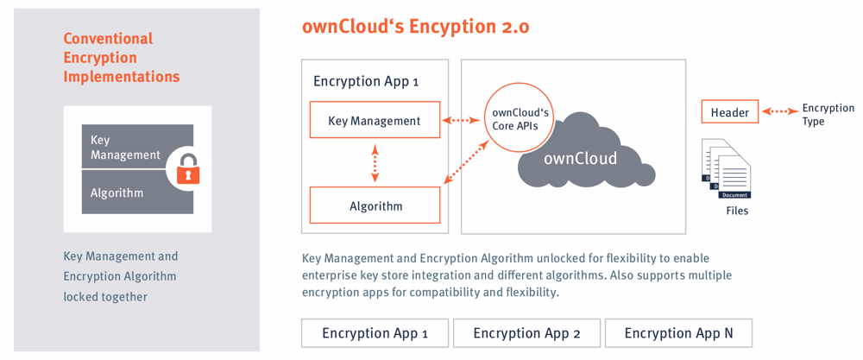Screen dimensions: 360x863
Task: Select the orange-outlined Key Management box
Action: tap(375, 121)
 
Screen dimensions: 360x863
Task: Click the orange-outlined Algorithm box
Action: tap(375, 205)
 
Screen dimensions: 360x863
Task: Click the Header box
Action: tap(730, 112)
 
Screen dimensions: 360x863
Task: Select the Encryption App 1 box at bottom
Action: tap(375, 333)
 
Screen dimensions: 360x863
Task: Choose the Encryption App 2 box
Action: tap(526, 333)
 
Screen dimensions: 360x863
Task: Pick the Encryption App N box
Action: tap(677, 333)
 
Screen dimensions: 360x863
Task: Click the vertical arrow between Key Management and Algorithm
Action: tap(375, 163)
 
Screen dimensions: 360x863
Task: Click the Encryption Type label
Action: tap(827, 115)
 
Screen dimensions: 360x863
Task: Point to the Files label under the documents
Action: tap(735, 210)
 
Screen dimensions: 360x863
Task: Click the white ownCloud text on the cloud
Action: tap(580, 159)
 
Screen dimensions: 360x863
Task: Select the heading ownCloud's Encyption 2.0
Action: tap(415, 27)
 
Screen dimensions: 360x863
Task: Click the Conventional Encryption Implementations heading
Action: tap(122, 58)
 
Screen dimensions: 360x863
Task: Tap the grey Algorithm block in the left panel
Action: tap(125, 193)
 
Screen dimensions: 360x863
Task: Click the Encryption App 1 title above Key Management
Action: tap(365, 82)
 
